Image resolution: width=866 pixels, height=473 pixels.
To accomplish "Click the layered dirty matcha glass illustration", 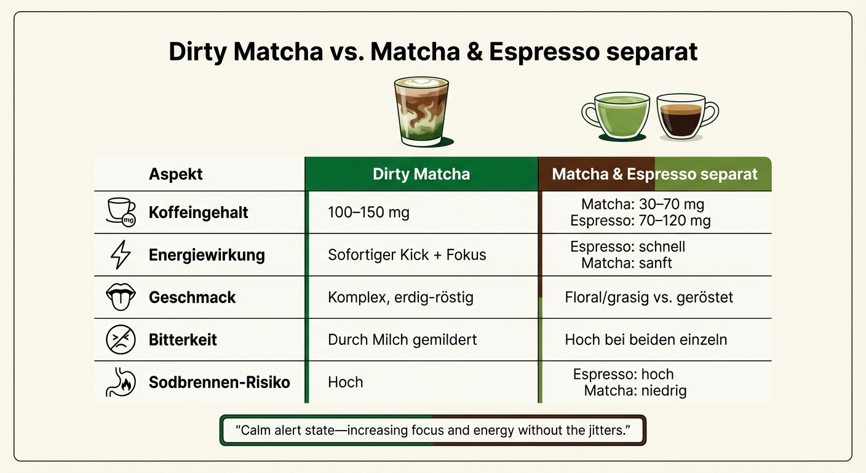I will coord(421,112).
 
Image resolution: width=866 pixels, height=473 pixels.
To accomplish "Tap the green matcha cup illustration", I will coord(616,116).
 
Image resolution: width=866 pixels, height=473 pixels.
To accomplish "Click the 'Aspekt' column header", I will coord(176,174).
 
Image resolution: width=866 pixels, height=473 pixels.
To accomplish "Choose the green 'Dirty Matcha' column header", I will coord(421,174).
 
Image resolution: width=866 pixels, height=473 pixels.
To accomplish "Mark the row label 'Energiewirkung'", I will coord(207,255).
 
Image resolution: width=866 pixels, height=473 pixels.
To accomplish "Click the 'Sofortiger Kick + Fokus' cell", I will coord(407,255).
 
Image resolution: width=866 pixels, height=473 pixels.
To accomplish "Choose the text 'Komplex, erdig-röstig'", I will coord(400,297).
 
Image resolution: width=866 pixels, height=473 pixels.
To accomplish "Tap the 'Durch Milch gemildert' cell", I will coord(402,339).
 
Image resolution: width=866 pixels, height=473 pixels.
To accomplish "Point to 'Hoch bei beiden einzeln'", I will coord(646,339).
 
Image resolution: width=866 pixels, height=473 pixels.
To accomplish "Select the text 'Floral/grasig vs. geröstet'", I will coord(649,297).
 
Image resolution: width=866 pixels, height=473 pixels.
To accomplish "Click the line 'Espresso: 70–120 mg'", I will coord(640,220).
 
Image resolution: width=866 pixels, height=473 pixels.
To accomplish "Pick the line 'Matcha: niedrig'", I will coord(635,390).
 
